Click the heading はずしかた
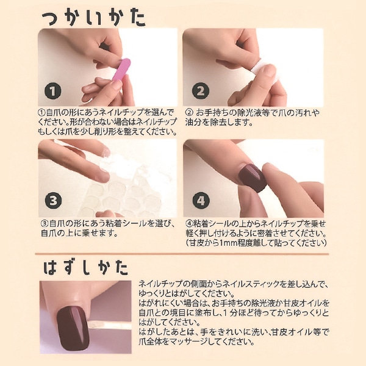point(85,267)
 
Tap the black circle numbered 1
point(54,91)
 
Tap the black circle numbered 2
point(199,91)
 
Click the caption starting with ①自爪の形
point(107,121)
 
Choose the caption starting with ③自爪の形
point(107,228)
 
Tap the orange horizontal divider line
point(183,254)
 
